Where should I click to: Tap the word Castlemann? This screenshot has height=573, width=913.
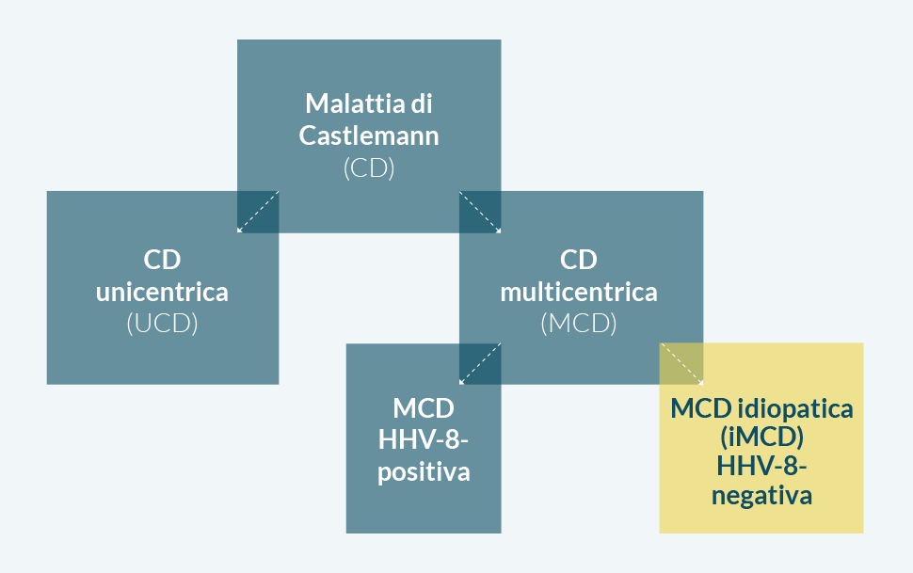pyautogui.click(x=369, y=135)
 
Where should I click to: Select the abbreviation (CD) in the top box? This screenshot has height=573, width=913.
pyautogui.click(x=369, y=168)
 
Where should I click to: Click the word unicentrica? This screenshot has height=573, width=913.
pyautogui.click(x=162, y=292)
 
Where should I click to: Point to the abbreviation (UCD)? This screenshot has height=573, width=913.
pyautogui.click(x=162, y=324)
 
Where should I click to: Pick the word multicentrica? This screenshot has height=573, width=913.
pyautogui.click(x=579, y=292)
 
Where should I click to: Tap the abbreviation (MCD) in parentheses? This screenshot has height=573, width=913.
pyautogui.click(x=579, y=324)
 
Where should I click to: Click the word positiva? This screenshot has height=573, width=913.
pyautogui.click(x=424, y=471)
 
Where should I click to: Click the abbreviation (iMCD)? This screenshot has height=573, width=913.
pyautogui.click(x=761, y=438)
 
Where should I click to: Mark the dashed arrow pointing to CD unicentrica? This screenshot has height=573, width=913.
pyautogui.click(x=258, y=212)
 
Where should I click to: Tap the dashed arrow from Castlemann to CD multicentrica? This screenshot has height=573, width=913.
pyautogui.click(x=479, y=212)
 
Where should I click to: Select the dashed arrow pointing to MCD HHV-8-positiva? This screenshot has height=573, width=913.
pyautogui.click(x=479, y=364)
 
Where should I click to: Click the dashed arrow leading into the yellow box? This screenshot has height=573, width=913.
pyautogui.click(x=681, y=364)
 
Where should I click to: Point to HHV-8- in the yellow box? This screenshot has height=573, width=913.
pyautogui.click(x=761, y=467)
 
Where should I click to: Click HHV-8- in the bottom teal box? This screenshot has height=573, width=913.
pyautogui.click(x=424, y=439)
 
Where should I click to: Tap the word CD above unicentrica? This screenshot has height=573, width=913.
pyautogui.click(x=162, y=259)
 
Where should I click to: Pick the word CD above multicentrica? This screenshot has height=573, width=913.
pyautogui.click(x=579, y=259)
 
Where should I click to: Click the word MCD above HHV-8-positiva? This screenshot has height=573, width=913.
pyautogui.click(x=424, y=409)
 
